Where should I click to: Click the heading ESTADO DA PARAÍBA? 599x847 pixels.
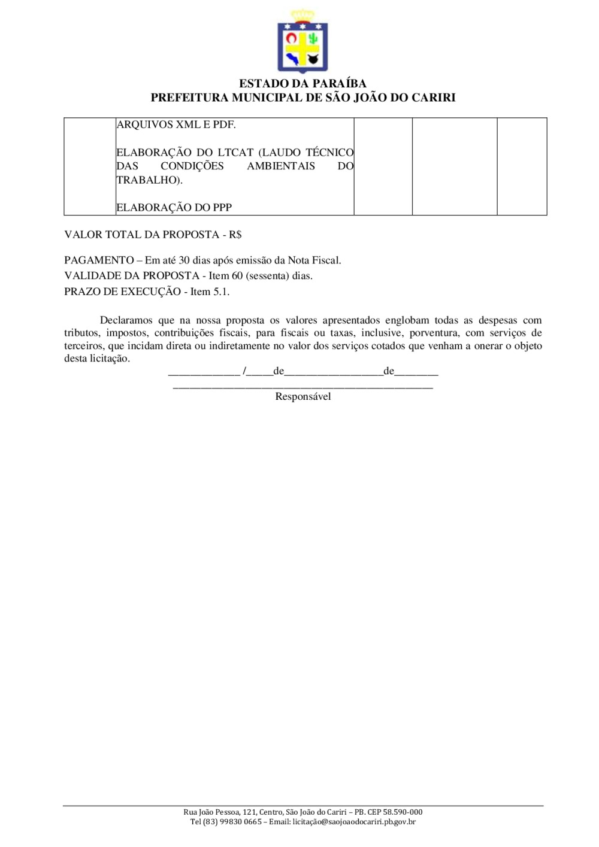pos(302,84)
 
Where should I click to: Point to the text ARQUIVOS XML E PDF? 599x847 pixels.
pos(176,125)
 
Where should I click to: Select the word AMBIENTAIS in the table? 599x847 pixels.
pos(281,166)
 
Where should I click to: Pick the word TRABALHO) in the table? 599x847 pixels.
pos(149,180)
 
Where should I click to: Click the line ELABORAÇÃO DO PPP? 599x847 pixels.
pos(174,208)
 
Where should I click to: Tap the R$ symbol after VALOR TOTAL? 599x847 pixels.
pos(235,235)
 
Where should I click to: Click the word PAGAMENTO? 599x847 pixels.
pos(99,260)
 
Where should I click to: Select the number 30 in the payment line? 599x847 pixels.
pos(184,260)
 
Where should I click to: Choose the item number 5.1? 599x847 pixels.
pos(221,292)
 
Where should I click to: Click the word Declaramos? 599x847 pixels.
pos(126,320)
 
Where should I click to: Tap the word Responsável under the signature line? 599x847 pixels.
pos(302,396)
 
